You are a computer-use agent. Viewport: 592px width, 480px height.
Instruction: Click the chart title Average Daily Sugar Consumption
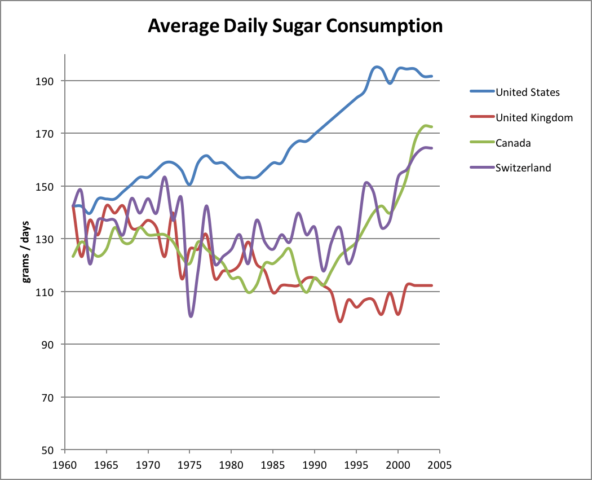[x=295, y=27]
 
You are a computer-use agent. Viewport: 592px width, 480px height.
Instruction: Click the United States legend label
[x=527, y=92]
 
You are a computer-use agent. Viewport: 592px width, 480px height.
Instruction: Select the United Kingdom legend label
[x=534, y=117]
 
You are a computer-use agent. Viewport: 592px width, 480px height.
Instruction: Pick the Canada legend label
[x=513, y=143]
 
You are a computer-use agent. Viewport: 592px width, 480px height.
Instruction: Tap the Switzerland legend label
[x=523, y=168]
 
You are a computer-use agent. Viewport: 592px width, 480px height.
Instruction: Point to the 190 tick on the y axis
[x=46, y=81]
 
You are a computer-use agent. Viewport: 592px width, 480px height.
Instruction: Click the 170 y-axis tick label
[x=46, y=134]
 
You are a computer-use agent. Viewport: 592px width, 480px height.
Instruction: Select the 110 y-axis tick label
[x=46, y=292]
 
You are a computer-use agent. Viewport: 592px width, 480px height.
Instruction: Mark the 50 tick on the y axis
[x=48, y=450]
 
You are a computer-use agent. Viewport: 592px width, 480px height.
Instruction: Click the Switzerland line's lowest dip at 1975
[x=191, y=316]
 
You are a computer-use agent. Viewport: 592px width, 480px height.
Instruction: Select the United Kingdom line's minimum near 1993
[x=340, y=322]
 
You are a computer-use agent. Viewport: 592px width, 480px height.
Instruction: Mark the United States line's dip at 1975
[x=189, y=184]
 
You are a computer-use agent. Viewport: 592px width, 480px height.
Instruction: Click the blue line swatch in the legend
[x=481, y=92]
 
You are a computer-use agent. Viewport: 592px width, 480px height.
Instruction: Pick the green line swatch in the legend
[x=481, y=143]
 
